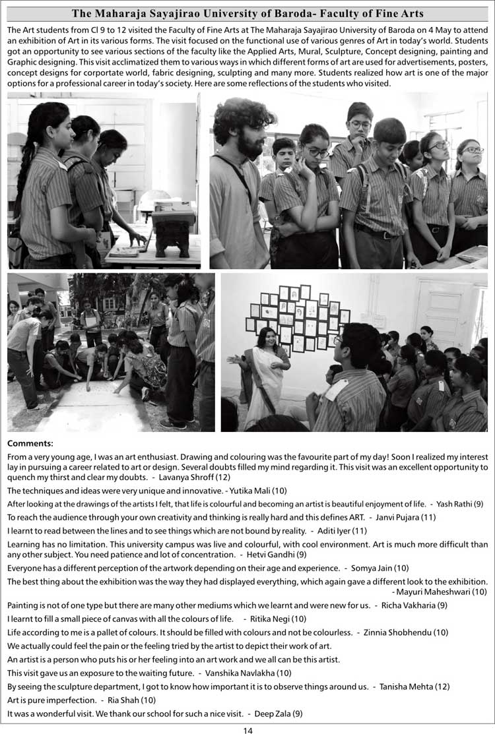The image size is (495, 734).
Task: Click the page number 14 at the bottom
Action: pyautogui.click(x=247, y=729)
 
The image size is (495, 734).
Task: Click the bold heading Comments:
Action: pyautogui.click(x=30, y=444)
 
